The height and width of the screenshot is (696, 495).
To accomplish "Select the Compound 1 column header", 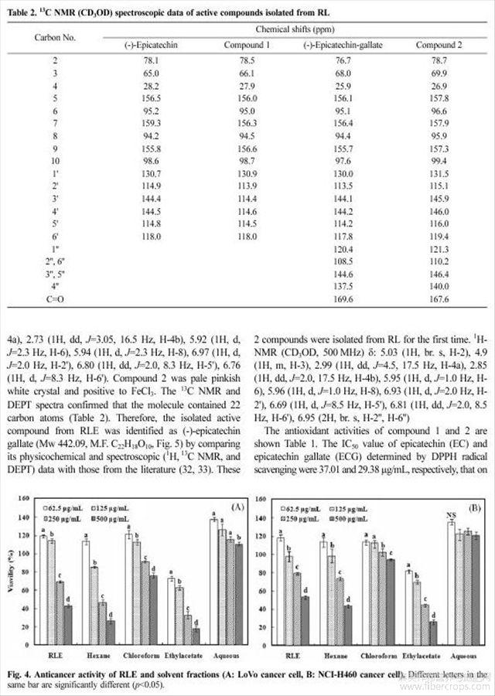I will [247, 45].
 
